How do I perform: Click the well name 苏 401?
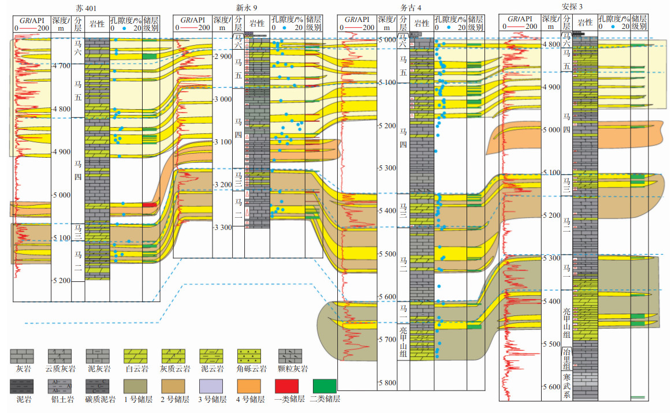pyautogui.click(x=86, y=8)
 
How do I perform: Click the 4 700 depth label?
pyautogui.click(x=61, y=66)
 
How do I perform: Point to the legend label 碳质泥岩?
pyautogui.click(x=98, y=399)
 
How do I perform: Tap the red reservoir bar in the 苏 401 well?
pyautogui.click(x=150, y=204)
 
